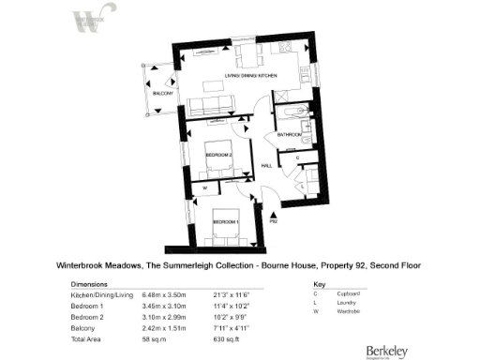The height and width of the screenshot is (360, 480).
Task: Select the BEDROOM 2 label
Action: pos(218,152)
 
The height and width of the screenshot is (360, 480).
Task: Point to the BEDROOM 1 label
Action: pos(226,221)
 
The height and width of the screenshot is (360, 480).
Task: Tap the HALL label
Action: pos(266,166)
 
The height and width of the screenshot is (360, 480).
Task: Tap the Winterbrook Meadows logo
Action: pos(87,21)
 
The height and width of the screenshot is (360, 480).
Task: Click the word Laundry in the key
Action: pos(351,306)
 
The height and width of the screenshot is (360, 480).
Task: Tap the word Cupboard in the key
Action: pos(353,294)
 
